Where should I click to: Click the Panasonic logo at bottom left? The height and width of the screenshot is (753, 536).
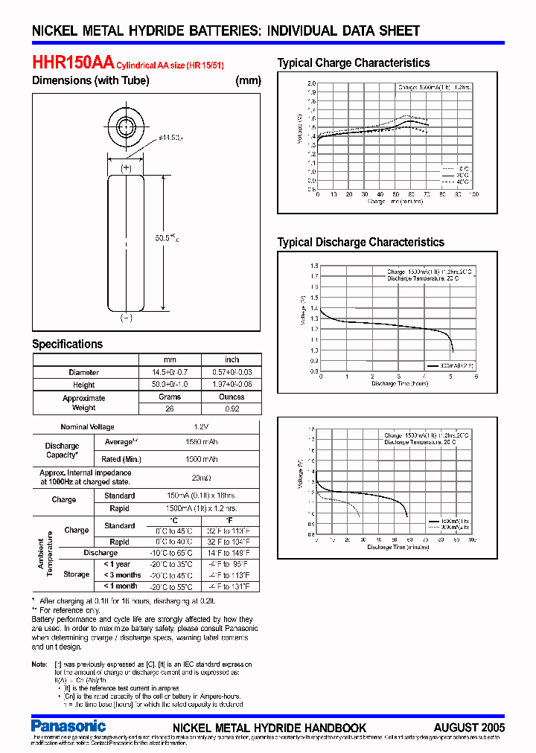click(68, 725)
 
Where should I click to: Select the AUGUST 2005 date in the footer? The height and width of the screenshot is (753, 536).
click(469, 728)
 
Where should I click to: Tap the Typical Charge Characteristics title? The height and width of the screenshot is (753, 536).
click(354, 63)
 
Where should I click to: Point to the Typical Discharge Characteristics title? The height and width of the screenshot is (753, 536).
click(360, 243)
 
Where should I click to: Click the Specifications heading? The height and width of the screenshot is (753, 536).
click(67, 344)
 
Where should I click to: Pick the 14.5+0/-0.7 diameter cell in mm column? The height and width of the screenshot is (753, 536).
click(171, 372)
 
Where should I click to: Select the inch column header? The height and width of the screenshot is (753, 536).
click(232, 359)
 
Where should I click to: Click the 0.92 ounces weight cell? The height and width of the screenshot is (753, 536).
click(232, 408)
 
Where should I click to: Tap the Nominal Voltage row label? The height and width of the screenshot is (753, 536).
click(87, 427)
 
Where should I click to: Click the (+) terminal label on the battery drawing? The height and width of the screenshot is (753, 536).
click(126, 169)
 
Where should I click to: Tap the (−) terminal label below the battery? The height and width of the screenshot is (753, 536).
click(126, 318)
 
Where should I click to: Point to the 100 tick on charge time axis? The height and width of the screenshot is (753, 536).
click(473, 194)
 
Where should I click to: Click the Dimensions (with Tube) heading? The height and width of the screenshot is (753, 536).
click(90, 80)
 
